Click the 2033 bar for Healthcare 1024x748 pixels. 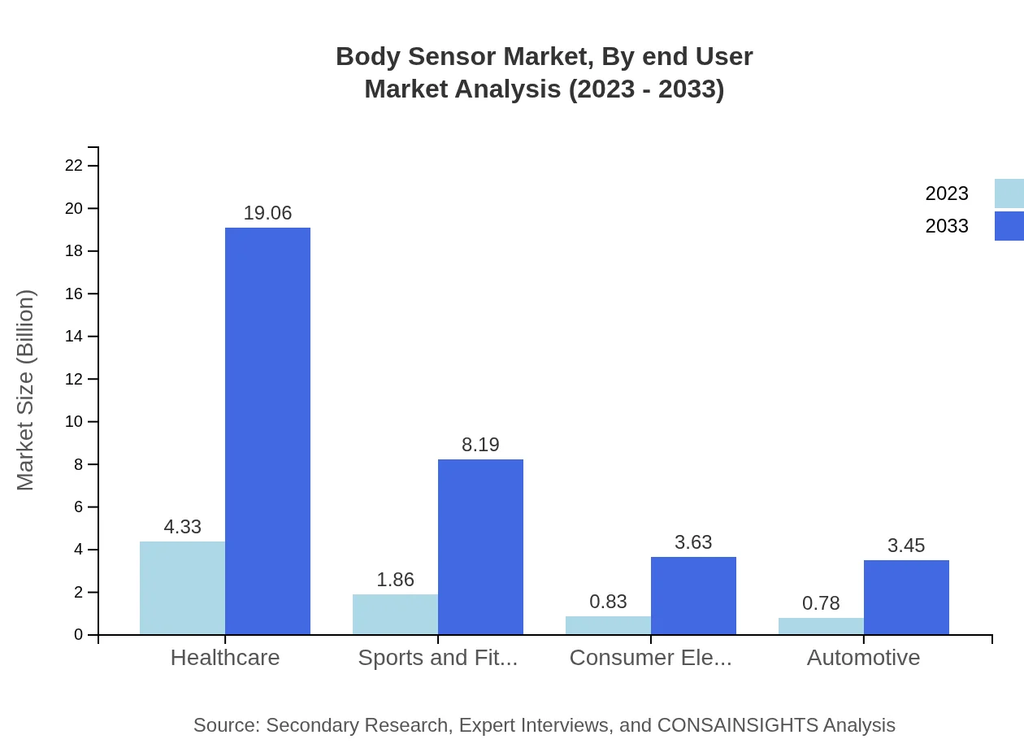coord(267,431)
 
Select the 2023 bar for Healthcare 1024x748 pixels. coord(182,588)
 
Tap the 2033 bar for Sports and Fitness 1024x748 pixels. coord(480,546)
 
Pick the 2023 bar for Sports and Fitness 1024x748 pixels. coord(395,614)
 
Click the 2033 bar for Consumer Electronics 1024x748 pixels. coord(693,595)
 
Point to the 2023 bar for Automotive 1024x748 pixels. coord(821,626)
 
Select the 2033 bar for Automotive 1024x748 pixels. coord(906,597)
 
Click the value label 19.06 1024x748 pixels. coord(267,213)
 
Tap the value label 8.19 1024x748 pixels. coord(480,445)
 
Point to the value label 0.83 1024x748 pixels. coord(608,602)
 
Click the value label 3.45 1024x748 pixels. coord(906,546)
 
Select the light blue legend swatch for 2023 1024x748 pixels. coord(1009,194)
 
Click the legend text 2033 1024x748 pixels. coord(947,226)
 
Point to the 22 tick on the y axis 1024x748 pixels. coord(74,166)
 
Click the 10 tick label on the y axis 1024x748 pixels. coord(74,422)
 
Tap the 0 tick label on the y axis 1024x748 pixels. coord(79,635)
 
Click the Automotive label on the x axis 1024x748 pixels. coord(863,657)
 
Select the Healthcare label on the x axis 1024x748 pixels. coord(225,657)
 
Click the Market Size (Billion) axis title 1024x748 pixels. coord(26,390)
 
